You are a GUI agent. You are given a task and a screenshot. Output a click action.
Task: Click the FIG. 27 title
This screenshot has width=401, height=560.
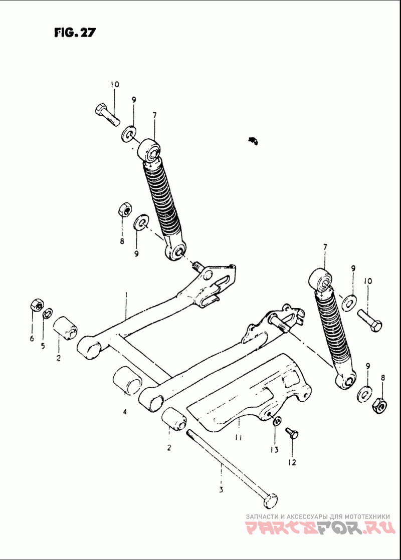[x=75, y=32]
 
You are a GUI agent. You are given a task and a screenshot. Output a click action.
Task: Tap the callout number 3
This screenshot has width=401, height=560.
[x=221, y=490]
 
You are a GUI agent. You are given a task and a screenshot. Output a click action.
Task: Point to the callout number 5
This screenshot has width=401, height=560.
[x=43, y=346]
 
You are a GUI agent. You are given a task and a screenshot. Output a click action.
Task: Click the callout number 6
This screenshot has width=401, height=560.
[x=32, y=338]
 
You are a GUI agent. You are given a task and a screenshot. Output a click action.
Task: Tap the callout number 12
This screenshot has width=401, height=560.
[x=292, y=462]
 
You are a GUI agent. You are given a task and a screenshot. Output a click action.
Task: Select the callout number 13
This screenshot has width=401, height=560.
[x=274, y=450]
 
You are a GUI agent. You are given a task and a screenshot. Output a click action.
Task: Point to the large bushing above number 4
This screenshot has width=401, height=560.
[x=128, y=380]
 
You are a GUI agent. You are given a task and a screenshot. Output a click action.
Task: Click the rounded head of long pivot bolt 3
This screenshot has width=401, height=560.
[x=271, y=500]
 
